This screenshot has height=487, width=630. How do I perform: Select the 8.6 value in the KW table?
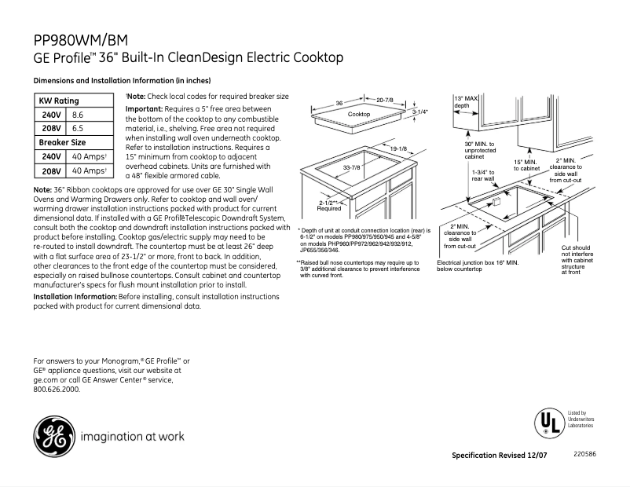tap(78, 114)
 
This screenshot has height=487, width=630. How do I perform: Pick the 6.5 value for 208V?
tap(78, 127)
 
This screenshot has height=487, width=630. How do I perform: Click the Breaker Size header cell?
tap(63, 142)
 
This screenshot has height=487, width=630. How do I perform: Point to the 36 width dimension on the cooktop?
tap(340, 103)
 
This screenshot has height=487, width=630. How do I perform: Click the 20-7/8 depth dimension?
tap(385, 101)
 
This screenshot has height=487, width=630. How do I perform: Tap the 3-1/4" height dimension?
tap(420, 112)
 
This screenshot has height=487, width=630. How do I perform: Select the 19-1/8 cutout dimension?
tap(398, 148)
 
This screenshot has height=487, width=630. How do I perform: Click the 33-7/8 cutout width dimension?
tap(350, 167)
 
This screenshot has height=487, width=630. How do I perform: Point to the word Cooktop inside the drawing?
tap(358, 115)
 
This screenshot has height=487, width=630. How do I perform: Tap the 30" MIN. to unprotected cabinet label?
tap(479, 150)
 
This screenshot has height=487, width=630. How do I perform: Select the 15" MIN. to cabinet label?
tap(526, 165)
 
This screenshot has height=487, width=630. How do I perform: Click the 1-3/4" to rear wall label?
tap(483, 175)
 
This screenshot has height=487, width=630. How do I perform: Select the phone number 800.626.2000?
tap(57, 389)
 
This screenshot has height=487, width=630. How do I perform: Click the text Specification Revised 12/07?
tap(500, 456)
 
